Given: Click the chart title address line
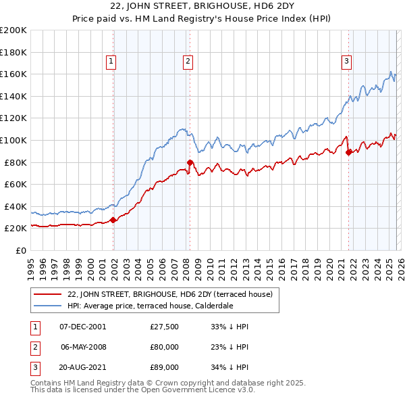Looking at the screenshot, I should pos(202,7).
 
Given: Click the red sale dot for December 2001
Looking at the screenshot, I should pos(113,219).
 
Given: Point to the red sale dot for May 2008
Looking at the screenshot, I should pos(190,162).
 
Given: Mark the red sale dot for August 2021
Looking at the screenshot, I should pos(349,152).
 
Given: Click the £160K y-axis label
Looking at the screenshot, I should pos(13,74).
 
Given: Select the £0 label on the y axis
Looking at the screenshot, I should pos(22,250).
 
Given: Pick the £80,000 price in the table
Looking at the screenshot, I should pos(165,347).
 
